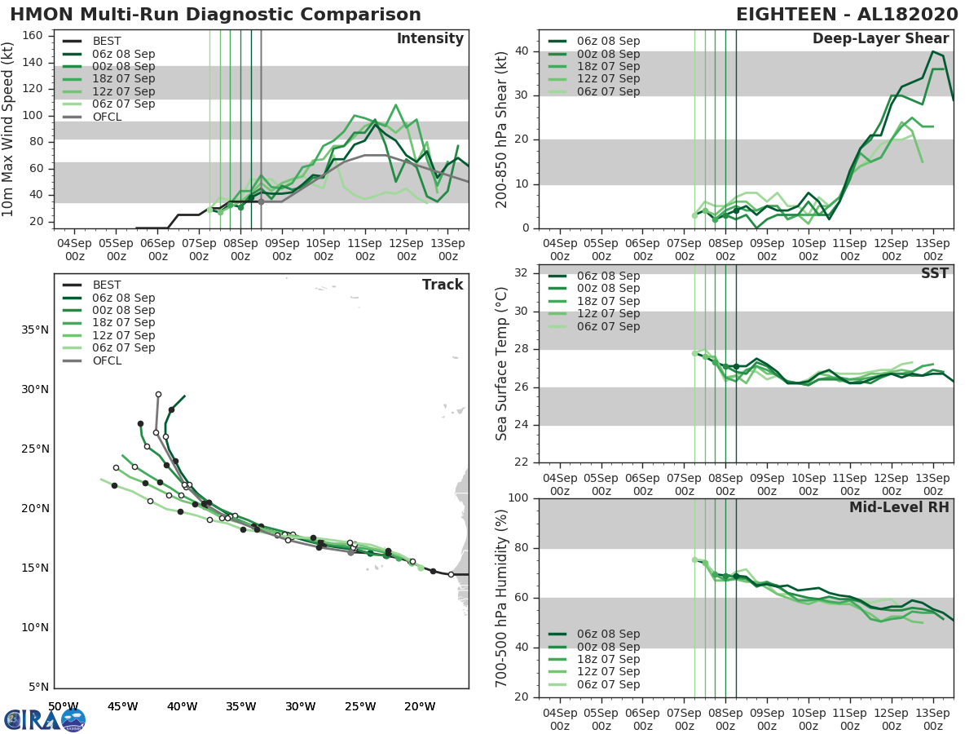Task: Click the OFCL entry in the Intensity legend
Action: [106, 117]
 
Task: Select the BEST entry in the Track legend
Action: [106, 285]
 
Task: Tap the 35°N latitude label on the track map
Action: [34, 330]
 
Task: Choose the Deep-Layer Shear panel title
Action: [880, 39]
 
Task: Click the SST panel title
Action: [934, 273]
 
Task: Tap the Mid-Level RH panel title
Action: [899, 507]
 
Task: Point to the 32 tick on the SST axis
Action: [522, 273]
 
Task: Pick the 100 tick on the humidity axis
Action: [518, 498]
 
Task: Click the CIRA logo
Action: [44, 719]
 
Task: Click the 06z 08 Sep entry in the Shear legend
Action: [608, 41]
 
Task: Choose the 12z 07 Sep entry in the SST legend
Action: [608, 314]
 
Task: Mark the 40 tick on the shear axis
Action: [522, 51]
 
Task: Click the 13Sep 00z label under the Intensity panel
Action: [447, 250]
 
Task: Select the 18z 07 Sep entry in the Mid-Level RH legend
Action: [608, 660]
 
